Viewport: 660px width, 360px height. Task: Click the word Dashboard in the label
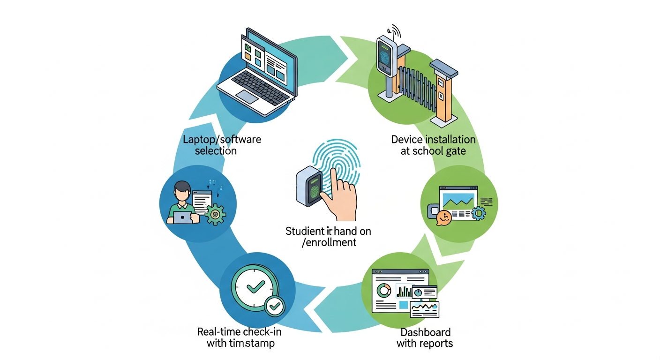click(x=426, y=332)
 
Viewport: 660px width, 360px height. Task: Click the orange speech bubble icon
click(x=443, y=217)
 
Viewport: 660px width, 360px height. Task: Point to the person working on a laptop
click(x=182, y=203)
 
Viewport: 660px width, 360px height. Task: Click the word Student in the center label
click(x=302, y=231)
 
